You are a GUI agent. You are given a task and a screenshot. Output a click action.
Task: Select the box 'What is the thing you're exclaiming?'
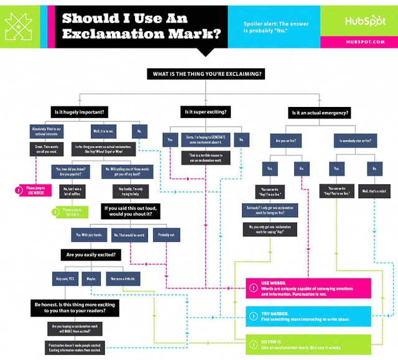click(208, 74)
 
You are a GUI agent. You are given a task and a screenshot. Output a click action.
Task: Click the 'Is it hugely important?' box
click(79, 112)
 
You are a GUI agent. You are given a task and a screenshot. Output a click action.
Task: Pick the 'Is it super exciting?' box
click(205, 112)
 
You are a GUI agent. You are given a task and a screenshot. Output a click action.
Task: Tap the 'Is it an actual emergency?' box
click(320, 113)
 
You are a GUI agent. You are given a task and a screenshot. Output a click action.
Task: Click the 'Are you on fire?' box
click(285, 141)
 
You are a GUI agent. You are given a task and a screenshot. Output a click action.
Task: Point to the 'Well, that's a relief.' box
click(374, 192)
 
